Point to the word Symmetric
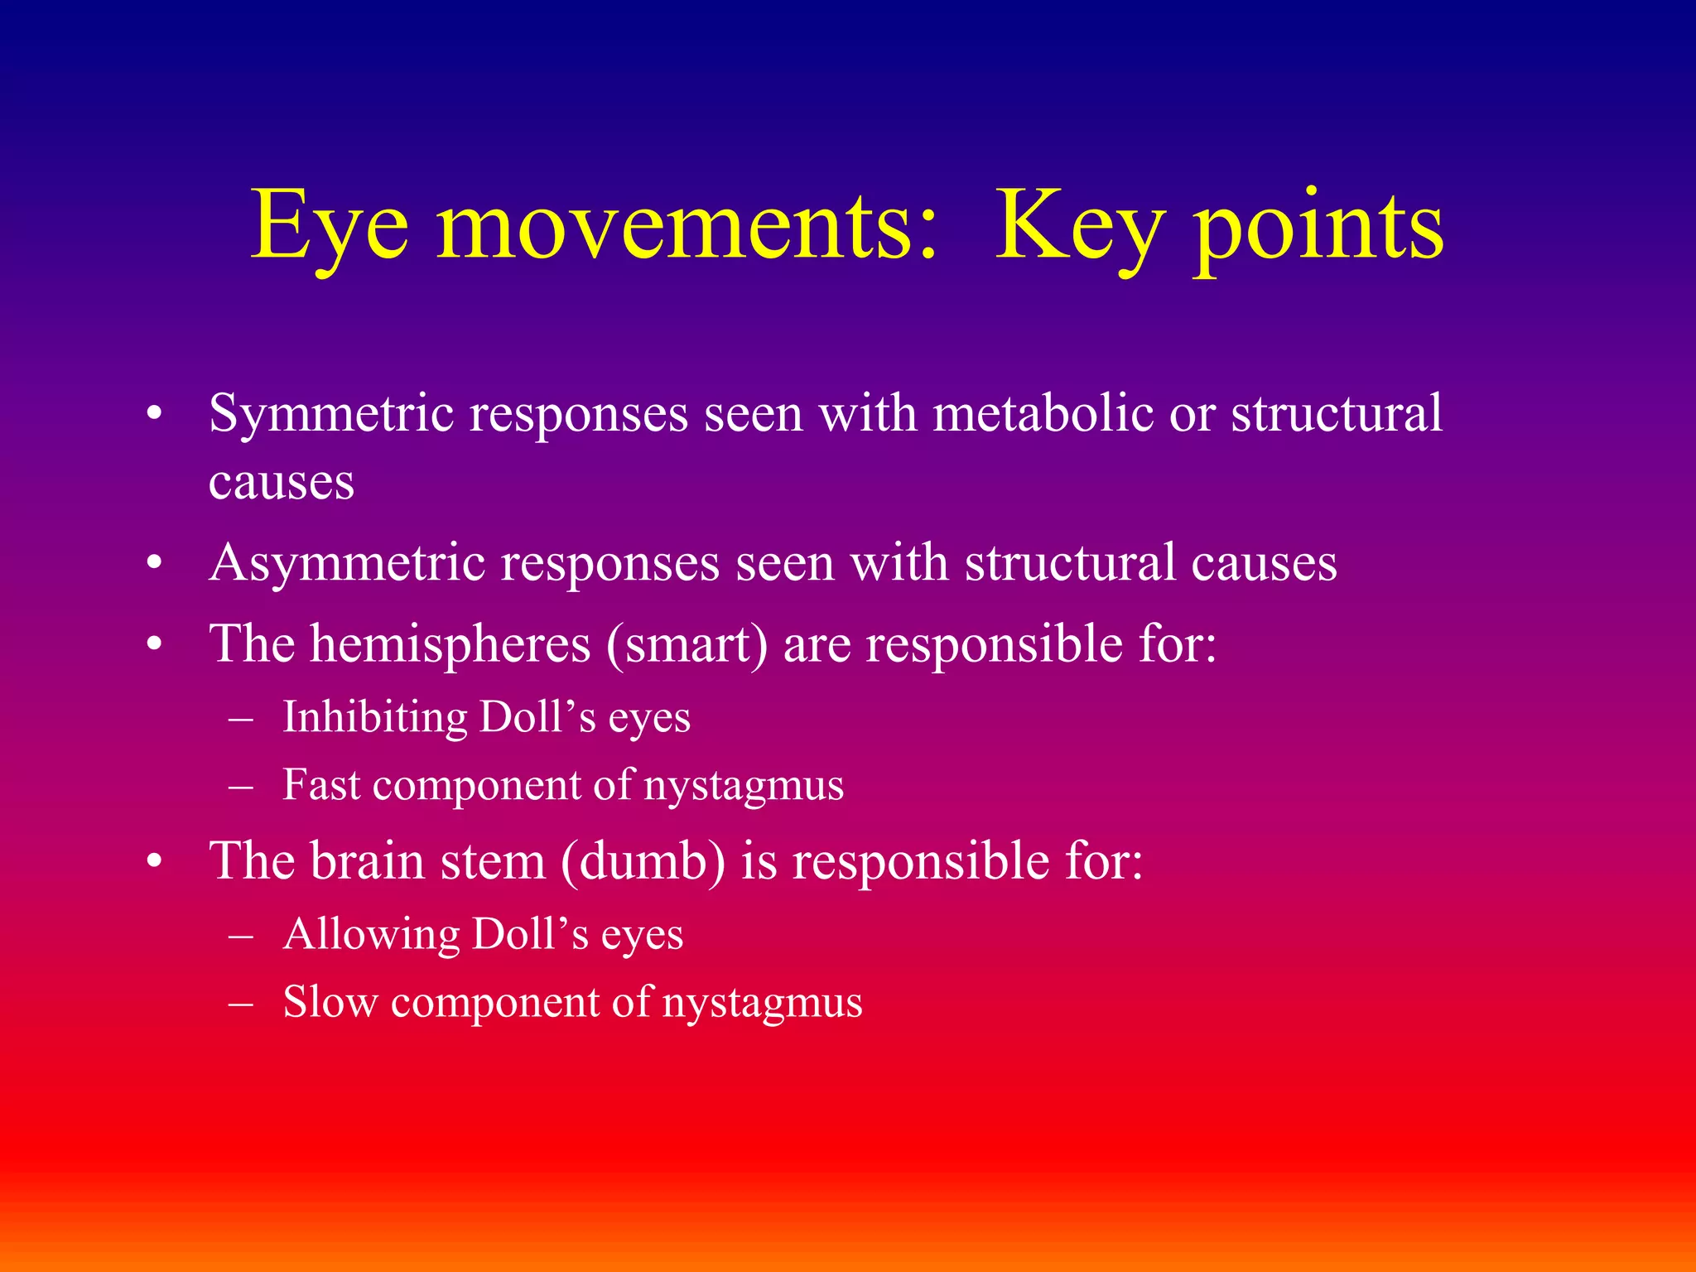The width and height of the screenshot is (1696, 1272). coord(331,414)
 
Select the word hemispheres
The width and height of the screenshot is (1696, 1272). coord(450,644)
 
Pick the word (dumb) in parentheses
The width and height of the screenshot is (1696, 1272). coord(643,861)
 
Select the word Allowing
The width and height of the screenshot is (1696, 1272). coord(370,935)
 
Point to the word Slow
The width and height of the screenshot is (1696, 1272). coord(330,1002)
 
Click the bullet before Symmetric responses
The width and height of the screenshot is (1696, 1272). coord(154,414)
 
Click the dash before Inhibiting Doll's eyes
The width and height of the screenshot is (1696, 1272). coord(240,718)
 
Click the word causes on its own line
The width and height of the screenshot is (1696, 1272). coord(282,482)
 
